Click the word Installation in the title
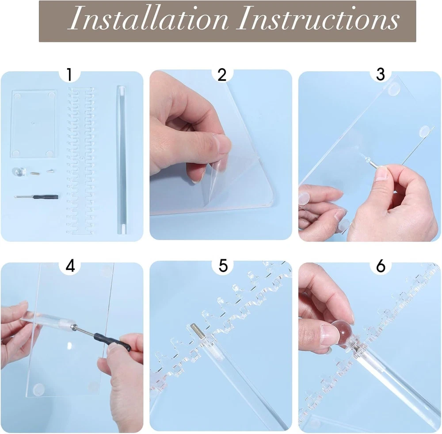click(x=148, y=18)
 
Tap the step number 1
click(x=70, y=74)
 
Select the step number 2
click(x=222, y=75)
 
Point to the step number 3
click(x=381, y=74)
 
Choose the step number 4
click(x=70, y=266)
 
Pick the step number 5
click(x=223, y=266)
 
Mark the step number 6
click(x=381, y=266)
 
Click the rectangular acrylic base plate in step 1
click(x=34, y=124)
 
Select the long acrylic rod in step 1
click(x=122, y=160)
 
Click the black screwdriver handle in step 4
click(x=113, y=341)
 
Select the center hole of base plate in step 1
click(x=33, y=123)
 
